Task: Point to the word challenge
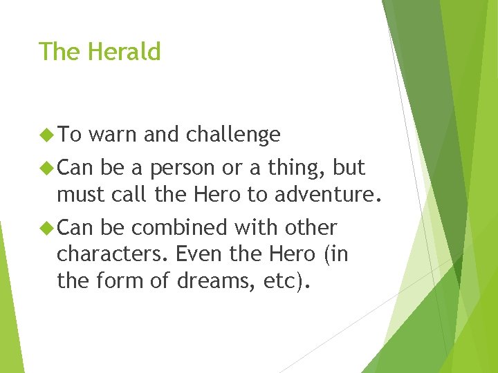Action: [x=233, y=135]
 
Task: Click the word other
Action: [x=311, y=227]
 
